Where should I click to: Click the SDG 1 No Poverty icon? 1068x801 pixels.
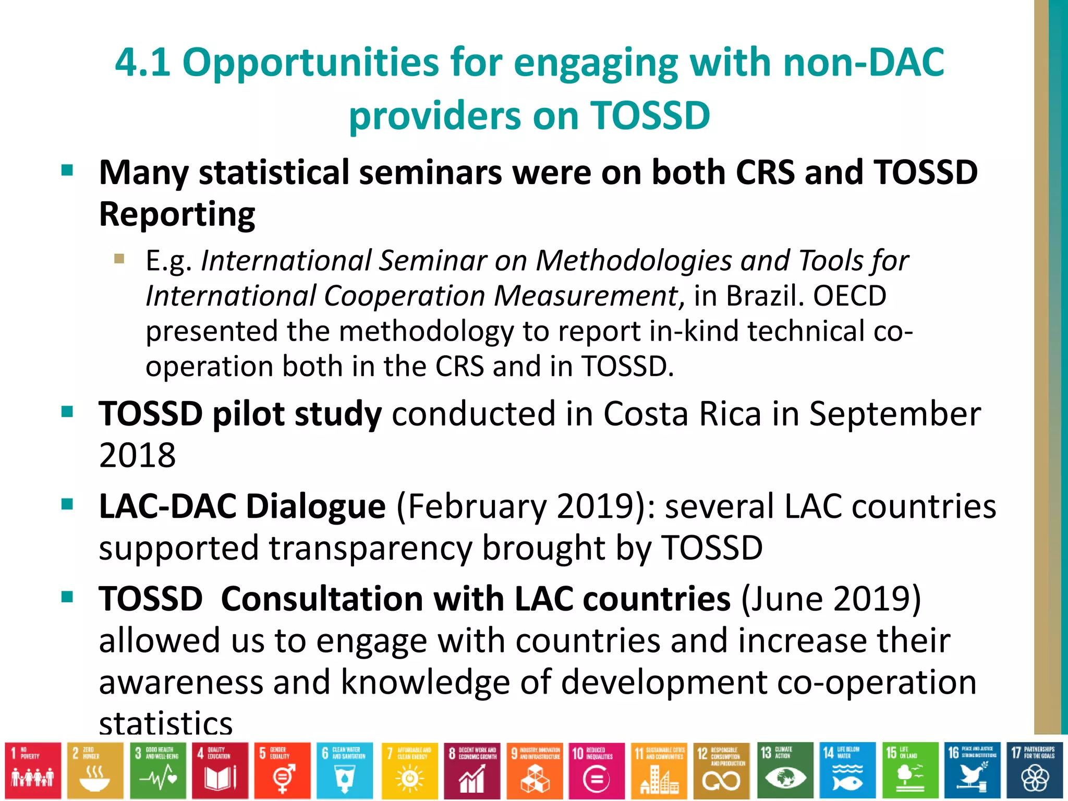pos(33,770)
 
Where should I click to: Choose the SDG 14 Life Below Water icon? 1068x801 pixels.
pos(847,770)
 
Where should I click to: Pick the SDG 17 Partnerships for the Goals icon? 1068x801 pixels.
pos(1034,770)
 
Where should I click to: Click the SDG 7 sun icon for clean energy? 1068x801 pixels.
pos(409,770)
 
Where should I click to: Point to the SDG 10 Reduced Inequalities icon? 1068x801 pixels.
pos(596,770)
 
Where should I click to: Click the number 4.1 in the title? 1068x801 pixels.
pos(142,63)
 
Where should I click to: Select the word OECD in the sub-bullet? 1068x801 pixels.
pos(849,296)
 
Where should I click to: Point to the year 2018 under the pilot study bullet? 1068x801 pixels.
pos(137,455)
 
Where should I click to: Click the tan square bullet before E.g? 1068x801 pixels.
pos(119,259)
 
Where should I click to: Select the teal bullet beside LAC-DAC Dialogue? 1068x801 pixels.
pos(67,504)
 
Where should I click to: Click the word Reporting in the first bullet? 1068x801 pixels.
pos(177,214)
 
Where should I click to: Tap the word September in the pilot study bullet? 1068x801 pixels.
pos(894,414)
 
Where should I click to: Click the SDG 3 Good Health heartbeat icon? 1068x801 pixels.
pos(158,770)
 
